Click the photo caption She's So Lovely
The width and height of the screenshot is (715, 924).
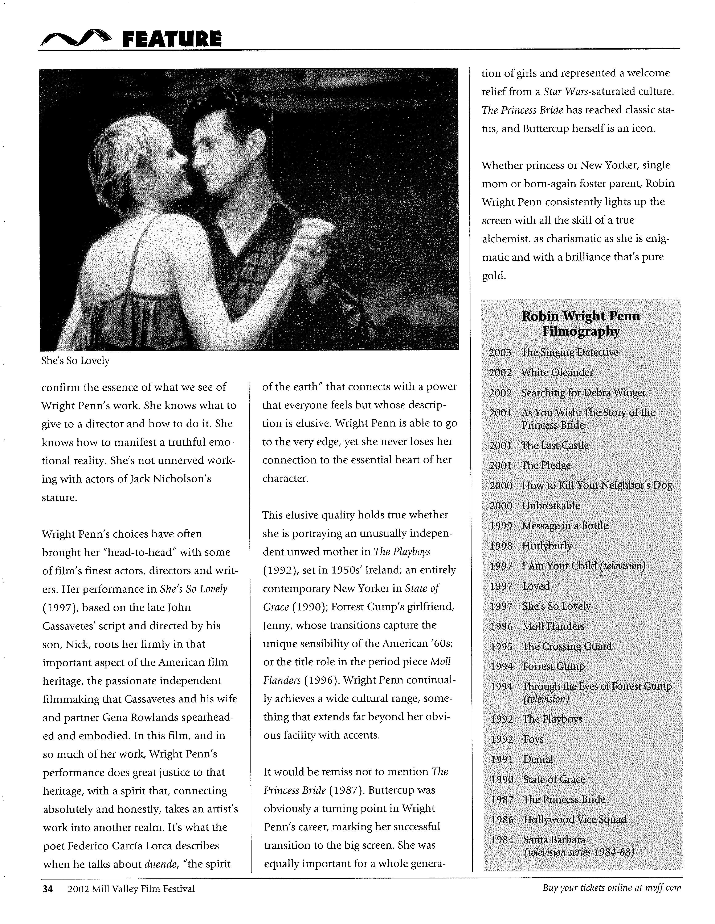(x=75, y=361)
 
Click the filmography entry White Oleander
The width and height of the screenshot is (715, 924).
(x=557, y=372)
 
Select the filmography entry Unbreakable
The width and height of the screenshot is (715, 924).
(x=551, y=506)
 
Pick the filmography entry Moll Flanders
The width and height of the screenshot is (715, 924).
(x=553, y=626)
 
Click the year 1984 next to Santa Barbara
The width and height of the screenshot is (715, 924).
(x=502, y=840)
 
